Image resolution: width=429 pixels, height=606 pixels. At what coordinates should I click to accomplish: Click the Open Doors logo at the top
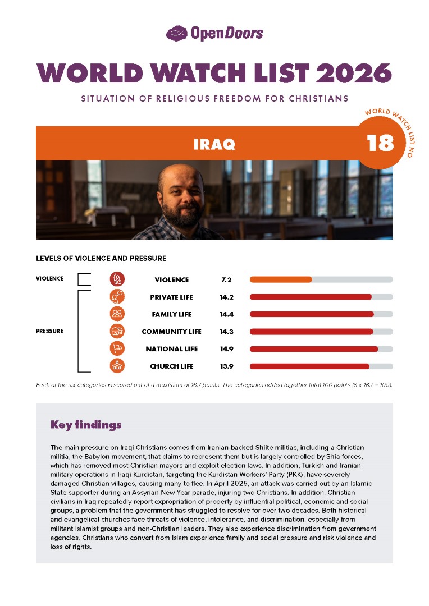pos(214,34)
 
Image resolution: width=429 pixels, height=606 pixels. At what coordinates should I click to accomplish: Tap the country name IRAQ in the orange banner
pos(214,144)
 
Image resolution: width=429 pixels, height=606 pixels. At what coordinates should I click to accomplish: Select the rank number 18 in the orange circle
pos(381,144)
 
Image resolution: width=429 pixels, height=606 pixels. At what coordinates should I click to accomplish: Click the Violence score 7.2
pos(226,279)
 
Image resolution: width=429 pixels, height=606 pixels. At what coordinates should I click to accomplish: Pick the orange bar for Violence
pos(281,279)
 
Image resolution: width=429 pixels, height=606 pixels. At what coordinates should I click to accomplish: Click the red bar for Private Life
pos(311,297)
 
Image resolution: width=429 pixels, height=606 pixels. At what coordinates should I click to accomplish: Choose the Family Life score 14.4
pos(226,314)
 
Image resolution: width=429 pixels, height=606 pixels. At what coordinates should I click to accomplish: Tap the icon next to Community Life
pos(117,332)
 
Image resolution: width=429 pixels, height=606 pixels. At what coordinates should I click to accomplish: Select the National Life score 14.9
pos(226,349)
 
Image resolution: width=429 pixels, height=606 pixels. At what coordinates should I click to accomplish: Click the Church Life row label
pos(172,366)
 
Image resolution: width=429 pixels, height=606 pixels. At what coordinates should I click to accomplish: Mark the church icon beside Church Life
pos(117,366)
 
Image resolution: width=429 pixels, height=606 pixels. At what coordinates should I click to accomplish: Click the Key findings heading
pos(86,425)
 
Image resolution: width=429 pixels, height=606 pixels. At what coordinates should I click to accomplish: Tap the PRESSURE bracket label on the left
pos(49,331)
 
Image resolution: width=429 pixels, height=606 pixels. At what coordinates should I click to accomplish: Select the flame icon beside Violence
pos(117,279)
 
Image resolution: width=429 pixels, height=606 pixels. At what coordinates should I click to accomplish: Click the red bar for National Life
pos(313,349)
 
